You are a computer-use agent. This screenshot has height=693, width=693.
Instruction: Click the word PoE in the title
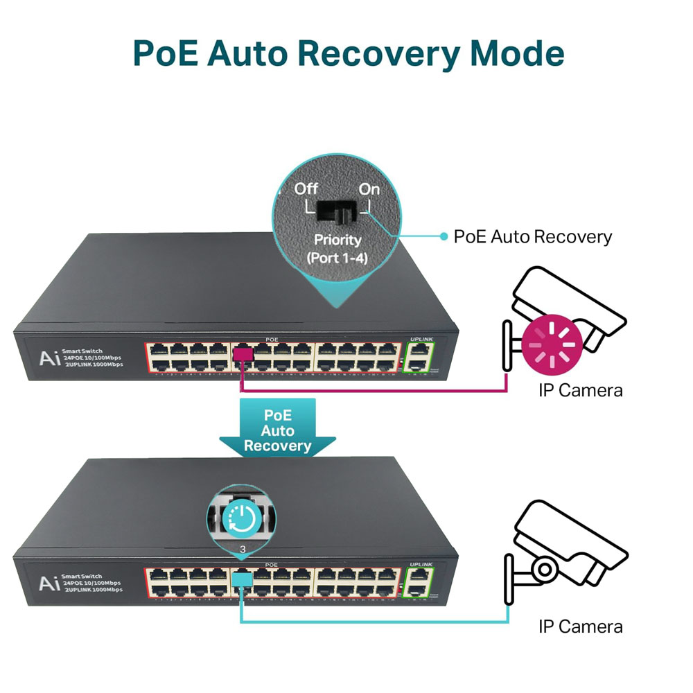(x=166, y=54)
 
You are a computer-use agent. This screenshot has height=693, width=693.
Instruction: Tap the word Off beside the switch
(x=306, y=188)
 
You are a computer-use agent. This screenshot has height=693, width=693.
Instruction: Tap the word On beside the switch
(x=369, y=188)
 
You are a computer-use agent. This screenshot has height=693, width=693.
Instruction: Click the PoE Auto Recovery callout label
(x=532, y=237)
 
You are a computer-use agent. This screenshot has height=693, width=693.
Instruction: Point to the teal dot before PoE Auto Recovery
(x=444, y=237)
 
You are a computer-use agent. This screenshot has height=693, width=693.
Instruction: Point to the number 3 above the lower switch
(x=241, y=551)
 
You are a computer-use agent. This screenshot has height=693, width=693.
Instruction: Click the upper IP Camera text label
(x=581, y=390)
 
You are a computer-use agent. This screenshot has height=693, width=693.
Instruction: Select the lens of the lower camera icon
(x=545, y=570)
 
